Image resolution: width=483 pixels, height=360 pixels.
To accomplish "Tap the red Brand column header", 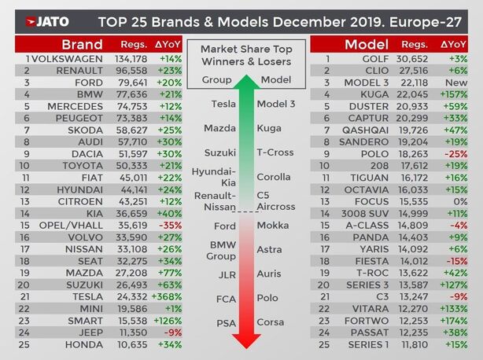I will point(82,43).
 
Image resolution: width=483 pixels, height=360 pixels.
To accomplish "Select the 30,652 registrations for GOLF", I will point(415,58).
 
